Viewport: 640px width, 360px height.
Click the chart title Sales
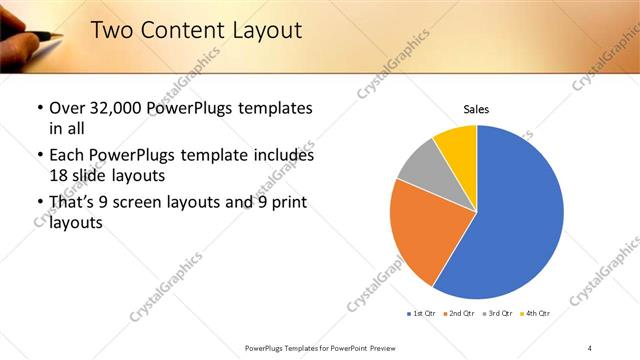476,109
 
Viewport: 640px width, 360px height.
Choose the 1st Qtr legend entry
423,314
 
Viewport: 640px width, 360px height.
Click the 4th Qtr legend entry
536,314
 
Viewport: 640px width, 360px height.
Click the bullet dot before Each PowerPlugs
39,156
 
